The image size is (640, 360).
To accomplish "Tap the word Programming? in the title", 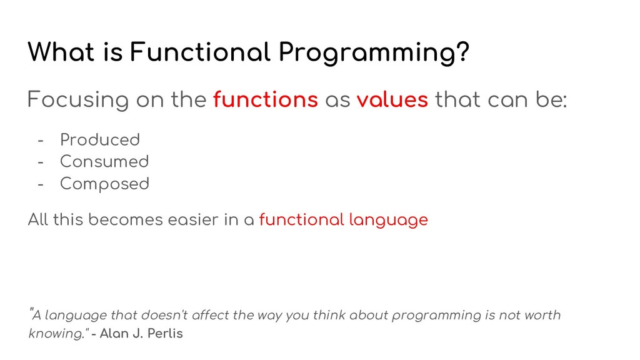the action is click(374, 53).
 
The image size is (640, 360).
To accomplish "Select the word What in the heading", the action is click(61, 52).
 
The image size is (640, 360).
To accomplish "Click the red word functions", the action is click(265, 99).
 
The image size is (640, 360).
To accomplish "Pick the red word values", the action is click(392, 99).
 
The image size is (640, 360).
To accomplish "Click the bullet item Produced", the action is click(100, 139).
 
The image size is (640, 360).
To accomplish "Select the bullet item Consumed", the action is click(104, 161).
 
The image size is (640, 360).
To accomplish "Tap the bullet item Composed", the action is click(104, 184).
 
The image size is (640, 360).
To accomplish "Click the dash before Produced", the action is click(41, 141).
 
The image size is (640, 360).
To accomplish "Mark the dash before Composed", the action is click(41, 184).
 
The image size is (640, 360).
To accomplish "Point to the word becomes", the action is click(125, 219).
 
